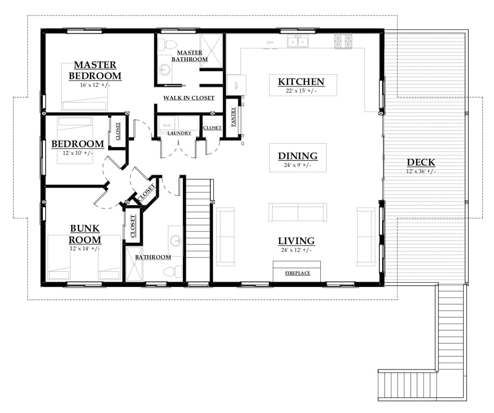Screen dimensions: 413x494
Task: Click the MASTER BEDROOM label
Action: [95, 70]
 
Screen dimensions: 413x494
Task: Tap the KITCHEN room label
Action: [301, 82]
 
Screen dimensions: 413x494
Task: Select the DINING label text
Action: [298, 156]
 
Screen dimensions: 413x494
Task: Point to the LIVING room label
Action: [296, 241]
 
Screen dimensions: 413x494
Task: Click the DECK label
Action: [421, 163]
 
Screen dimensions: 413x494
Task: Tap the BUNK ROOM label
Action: [85, 234]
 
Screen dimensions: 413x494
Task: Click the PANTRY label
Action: [233, 117]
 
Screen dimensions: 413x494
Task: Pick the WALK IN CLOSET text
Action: [189, 98]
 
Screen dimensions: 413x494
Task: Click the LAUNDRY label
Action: [179, 133]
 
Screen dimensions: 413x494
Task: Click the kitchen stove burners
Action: [343, 41]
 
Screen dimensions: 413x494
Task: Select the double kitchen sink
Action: [298, 42]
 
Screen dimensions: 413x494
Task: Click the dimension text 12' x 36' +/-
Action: [421, 172]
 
